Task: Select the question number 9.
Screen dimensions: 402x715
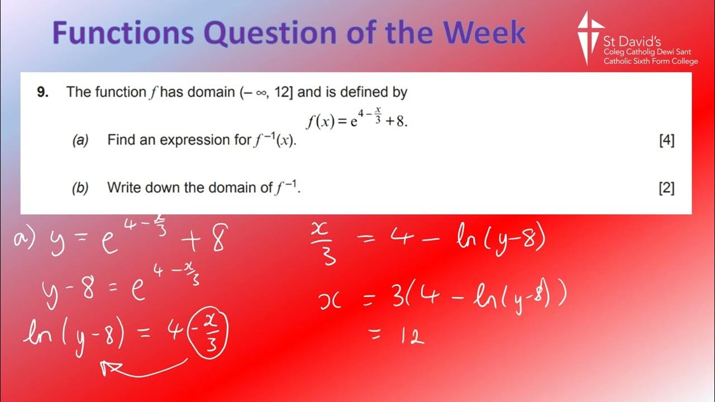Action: (42, 92)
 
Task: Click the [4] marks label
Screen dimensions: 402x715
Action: (666, 140)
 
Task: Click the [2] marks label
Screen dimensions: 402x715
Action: (666, 188)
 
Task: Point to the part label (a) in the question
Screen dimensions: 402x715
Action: (80, 140)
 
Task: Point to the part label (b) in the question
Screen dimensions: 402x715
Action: (80, 188)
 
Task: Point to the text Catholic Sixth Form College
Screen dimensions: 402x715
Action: (650, 61)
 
